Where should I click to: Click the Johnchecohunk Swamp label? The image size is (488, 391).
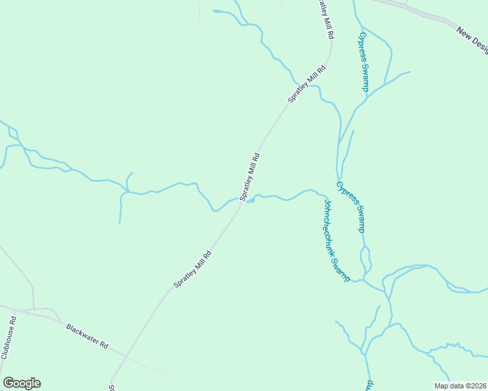[x=336, y=240]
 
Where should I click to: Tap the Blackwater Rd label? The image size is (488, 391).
[x=87, y=336]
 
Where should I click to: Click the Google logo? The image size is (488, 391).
[x=22, y=383]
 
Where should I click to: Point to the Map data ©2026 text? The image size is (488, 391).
[x=460, y=386]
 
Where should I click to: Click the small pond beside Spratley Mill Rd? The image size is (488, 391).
[x=250, y=200]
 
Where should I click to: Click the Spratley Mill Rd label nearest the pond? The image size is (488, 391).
[x=250, y=177]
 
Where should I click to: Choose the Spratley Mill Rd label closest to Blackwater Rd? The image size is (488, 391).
[x=192, y=270]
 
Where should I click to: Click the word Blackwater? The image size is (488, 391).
[x=81, y=332]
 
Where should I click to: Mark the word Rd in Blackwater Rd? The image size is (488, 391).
[x=103, y=344]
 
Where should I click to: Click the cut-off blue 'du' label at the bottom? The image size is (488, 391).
[x=369, y=384]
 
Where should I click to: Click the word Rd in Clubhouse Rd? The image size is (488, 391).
[x=12, y=321]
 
